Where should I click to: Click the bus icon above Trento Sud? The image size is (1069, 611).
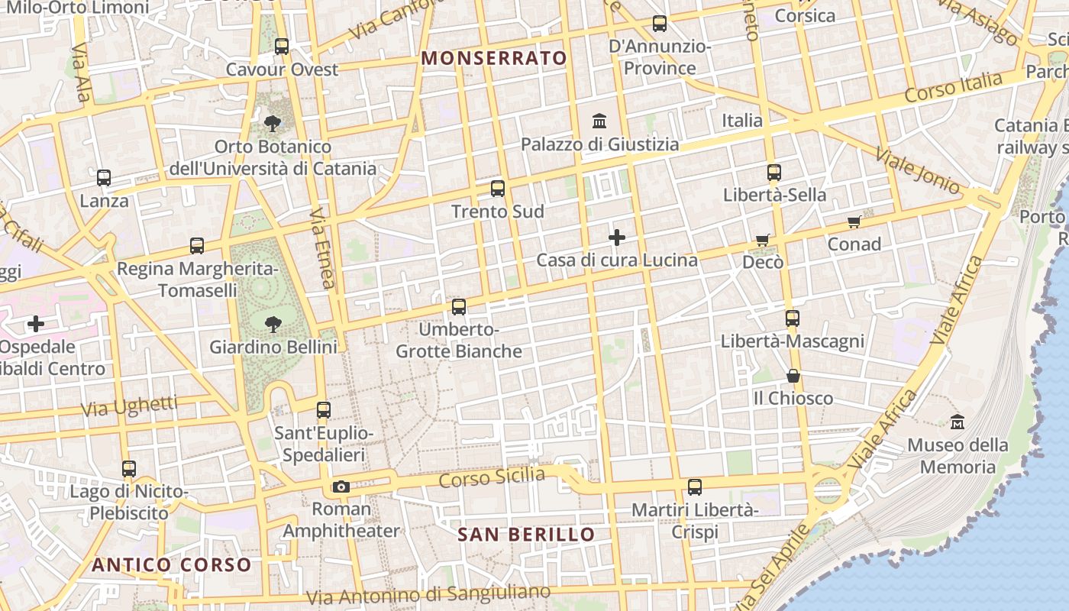(498, 188)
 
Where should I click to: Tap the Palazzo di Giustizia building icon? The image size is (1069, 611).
(599, 121)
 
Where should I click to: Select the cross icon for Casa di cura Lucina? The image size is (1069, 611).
(617, 238)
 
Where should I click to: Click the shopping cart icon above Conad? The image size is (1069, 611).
(854, 222)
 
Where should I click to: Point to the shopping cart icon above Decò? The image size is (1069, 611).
(762, 241)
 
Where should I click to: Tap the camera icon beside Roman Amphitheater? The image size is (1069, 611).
(341, 487)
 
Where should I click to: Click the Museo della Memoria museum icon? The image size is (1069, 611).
(958, 422)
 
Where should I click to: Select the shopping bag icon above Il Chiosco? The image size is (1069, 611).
(793, 376)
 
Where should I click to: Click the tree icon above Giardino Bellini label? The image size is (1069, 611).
(273, 325)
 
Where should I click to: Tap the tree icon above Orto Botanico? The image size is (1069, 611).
(272, 123)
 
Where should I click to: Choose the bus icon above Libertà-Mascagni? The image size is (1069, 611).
(793, 318)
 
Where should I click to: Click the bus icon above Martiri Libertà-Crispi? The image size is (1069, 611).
(695, 487)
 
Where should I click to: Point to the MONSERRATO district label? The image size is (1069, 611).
(494, 58)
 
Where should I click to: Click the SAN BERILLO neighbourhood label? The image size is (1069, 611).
(526, 534)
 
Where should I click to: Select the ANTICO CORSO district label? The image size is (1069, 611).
(172, 565)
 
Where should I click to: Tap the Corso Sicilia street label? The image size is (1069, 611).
(493, 478)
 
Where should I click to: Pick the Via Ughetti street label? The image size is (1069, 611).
(129, 407)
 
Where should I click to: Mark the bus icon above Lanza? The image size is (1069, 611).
(104, 178)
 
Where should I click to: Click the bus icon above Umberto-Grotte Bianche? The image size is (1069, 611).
(459, 307)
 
